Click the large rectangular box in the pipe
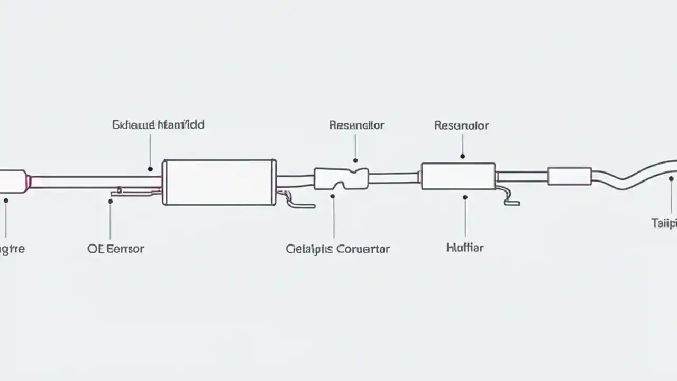pos(219,182)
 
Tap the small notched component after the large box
pos(341,178)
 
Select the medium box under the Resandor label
pos(458,176)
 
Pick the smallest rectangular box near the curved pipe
pos(569,176)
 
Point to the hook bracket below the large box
pos(296,202)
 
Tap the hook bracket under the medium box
pos(508,196)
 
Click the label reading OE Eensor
pos(115,249)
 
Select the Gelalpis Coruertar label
pos(337,249)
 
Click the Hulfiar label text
pos(464,247)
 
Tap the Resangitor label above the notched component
pos(356,125)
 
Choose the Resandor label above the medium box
pos(461,125)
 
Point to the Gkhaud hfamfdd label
pos(158,125)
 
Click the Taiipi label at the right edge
pos(664,223)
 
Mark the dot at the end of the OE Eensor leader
pos(111,202)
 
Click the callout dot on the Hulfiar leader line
pos(465,197)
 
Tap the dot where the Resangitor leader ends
pos(355,160)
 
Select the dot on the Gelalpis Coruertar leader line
pos(333,196)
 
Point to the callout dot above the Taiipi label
pos(671,179)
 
